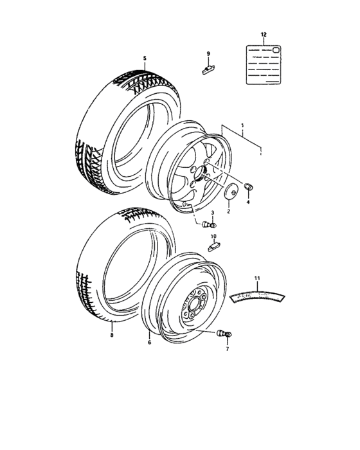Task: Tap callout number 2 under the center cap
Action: tap(228, 210)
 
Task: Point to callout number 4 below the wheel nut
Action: tap(248, 202)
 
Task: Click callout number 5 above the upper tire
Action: tap(145, 59)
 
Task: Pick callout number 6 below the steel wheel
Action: tap(149, 342)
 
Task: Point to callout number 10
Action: tap(213, 236)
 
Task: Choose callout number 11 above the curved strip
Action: tap(257, 278)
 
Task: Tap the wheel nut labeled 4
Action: tap(249, 187)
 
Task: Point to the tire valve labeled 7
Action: tap(226, 334)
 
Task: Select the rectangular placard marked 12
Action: tap(263, 64)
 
